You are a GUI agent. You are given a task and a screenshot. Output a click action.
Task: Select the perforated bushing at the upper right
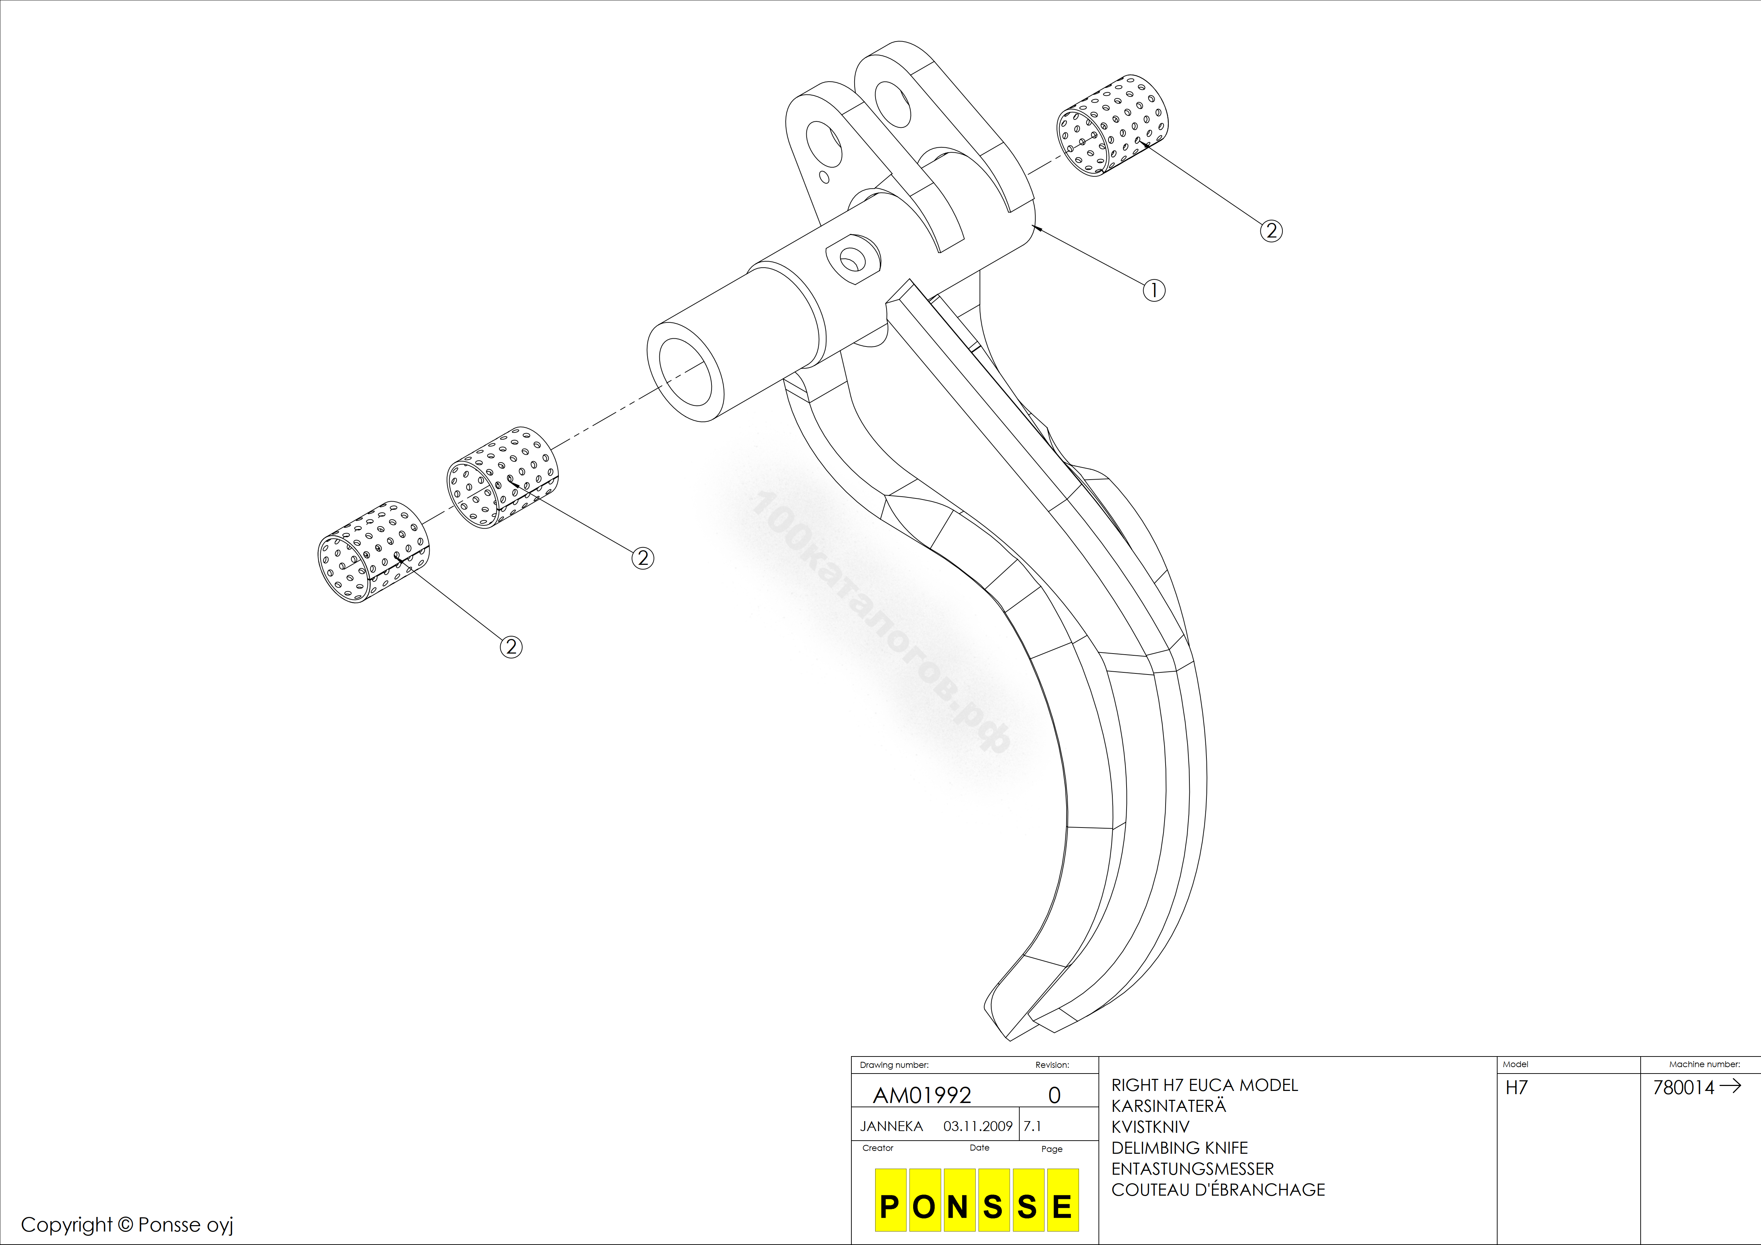coord(1113,126)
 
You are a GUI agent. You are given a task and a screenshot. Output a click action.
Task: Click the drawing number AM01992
coord(922,1096)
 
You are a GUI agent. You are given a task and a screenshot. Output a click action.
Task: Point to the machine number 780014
coord(1684,1088)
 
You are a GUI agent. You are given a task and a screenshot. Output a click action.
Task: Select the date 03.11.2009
coord(978,1126)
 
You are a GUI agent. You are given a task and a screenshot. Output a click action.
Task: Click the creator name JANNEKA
coord(891,1126)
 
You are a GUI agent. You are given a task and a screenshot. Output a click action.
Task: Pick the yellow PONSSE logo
coord(976,1200)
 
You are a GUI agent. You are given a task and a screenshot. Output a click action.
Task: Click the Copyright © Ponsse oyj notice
coord(127,1225)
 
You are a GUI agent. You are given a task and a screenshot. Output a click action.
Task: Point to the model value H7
coord(1516,1088)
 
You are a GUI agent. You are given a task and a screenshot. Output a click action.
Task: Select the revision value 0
coord(1054,1096)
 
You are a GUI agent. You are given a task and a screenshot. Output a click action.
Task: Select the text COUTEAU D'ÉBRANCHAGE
coord(1218,1190)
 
